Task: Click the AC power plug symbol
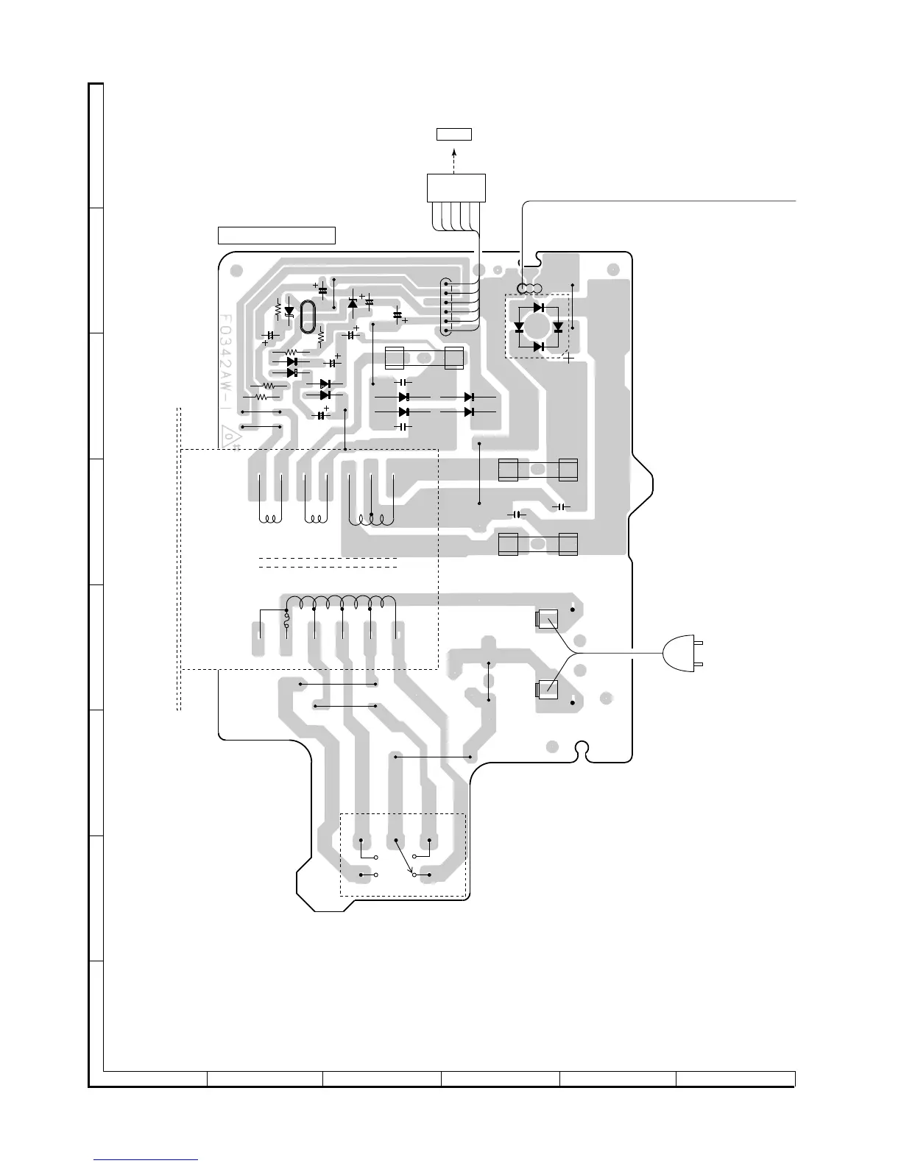pyautogui.click(x=680, y=654)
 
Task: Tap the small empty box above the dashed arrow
pyautogui.click(x=453, y=134)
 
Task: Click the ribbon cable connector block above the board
pyautogui.click(x=456, y=187)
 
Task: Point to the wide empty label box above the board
pyautogui.click(x=277, y=236)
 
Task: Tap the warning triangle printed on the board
pyautogui.click(x=230, y=438)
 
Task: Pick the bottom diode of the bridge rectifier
pyautogui.click(x=538, y=346)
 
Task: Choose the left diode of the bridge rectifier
pyautogui.click(x=519, y=327)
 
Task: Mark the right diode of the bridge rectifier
pyautogui.click(x=557, y=327)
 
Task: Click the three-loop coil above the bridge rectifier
pyautogui.click(x=529, y=288)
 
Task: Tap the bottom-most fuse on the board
pyautogui.click(x=537, y=545)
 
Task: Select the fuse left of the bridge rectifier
pyautogui.click(x=424, y=358)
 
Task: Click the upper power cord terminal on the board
pyautogui.click(x=546, y=620)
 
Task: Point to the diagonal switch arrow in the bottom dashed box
pyautogui.click(x=403, y=855)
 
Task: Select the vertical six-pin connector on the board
pyautogui.click(x=447, y=308)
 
